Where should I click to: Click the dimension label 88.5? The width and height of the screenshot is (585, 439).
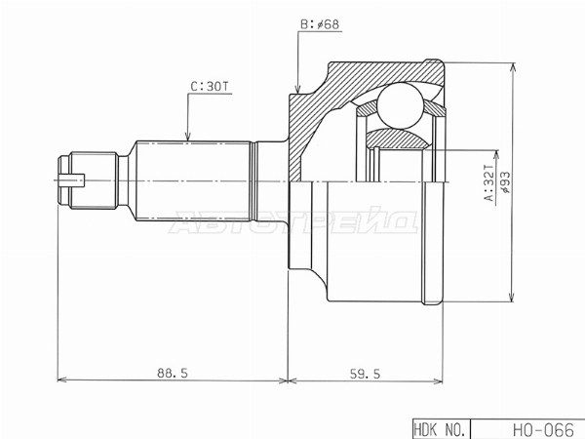tap(172, 373)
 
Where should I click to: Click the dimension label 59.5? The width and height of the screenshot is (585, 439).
tap(365, 374)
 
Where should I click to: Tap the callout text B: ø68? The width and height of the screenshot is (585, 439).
tap(320, 24)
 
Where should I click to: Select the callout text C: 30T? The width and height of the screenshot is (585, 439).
tap(209, 87)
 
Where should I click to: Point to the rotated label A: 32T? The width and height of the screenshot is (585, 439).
tap(489, 182)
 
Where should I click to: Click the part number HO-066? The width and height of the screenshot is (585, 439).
tap(543, 429)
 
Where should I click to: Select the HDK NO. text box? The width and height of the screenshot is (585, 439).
tap(442, 429)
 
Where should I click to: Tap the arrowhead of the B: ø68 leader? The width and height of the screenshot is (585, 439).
tap(297, 89)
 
